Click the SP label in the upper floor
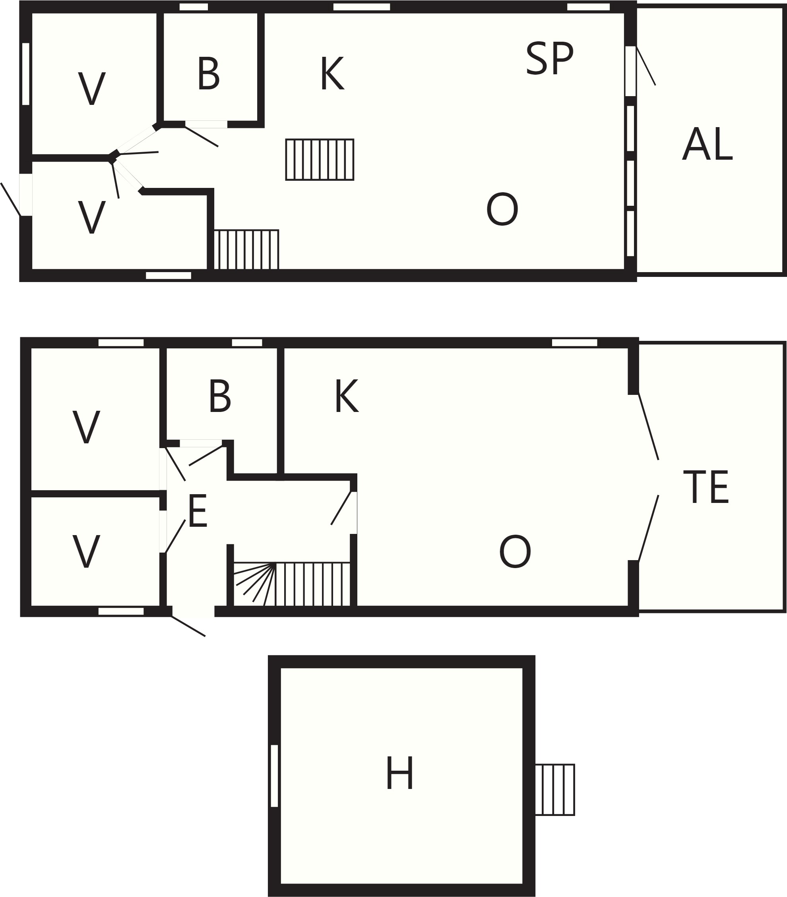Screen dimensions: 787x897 coord(549,59)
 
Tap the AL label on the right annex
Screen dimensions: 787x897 coord(707,144)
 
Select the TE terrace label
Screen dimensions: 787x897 coord(706,487)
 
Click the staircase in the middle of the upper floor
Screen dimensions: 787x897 coord(320,160)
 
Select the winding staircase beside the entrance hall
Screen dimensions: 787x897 coord(292,584)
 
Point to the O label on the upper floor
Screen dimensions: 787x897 coord(502,209)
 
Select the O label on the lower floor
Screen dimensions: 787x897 coord(515,552)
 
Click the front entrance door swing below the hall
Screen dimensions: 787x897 coord(188,626)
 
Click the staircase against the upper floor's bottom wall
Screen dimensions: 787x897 coord(246,249)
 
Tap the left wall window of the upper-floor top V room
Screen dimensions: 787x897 coord(25,74)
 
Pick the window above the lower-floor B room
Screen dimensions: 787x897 coord(247,343)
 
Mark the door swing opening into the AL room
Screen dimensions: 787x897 coord(646,66)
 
